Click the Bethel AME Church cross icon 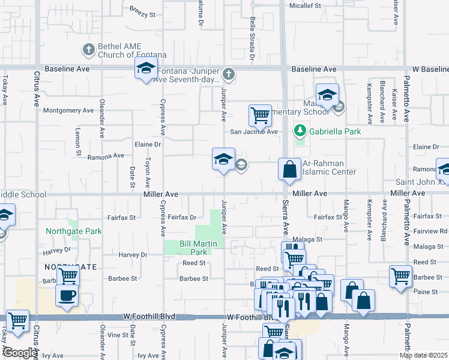tap(88, 49)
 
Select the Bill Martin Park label tap(194, 248)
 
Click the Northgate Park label tap(74, 231)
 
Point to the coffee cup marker tap(67, 295)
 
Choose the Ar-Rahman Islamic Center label tap(329, 167)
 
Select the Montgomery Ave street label tap(69, 110)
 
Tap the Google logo tap(20, 353)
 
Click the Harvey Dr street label tap(133, 254)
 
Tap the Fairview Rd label tap(435, 230)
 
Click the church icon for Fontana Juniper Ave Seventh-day tap(228, 74)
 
